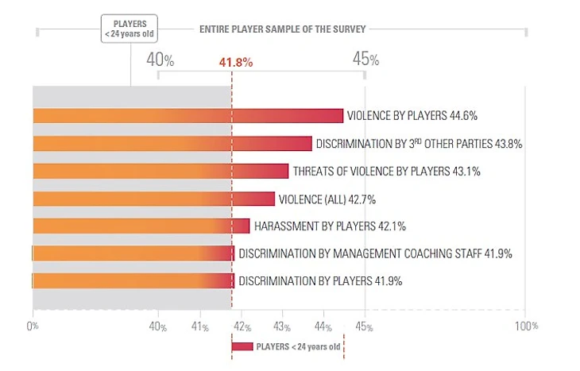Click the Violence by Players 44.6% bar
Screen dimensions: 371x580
(188, 116)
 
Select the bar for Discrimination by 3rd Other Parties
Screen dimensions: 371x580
(172, 144)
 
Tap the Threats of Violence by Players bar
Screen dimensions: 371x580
(160, 172)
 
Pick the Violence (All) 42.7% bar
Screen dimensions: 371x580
(153, 199)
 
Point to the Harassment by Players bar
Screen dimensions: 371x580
(141, 226)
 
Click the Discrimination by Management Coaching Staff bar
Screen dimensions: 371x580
(133, 254)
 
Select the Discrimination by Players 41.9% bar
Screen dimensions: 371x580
(133, 281)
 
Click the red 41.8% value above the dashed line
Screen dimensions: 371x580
(235, 62)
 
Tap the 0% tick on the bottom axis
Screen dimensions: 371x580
(33, 326)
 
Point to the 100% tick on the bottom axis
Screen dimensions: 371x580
(525, 326)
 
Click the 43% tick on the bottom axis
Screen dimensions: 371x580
(282, 326)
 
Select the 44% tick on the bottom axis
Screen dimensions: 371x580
(323, 326)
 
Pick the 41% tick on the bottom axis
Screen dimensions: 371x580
(199, 326)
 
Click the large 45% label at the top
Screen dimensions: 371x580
(365, 60)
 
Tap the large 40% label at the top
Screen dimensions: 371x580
(160, 60)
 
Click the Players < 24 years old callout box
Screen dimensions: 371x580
(130, 28)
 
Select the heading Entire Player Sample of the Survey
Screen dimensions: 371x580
(281, 29)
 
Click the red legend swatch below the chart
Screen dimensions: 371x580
(242, 346)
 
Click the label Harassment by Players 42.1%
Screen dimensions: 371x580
(330, 226)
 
